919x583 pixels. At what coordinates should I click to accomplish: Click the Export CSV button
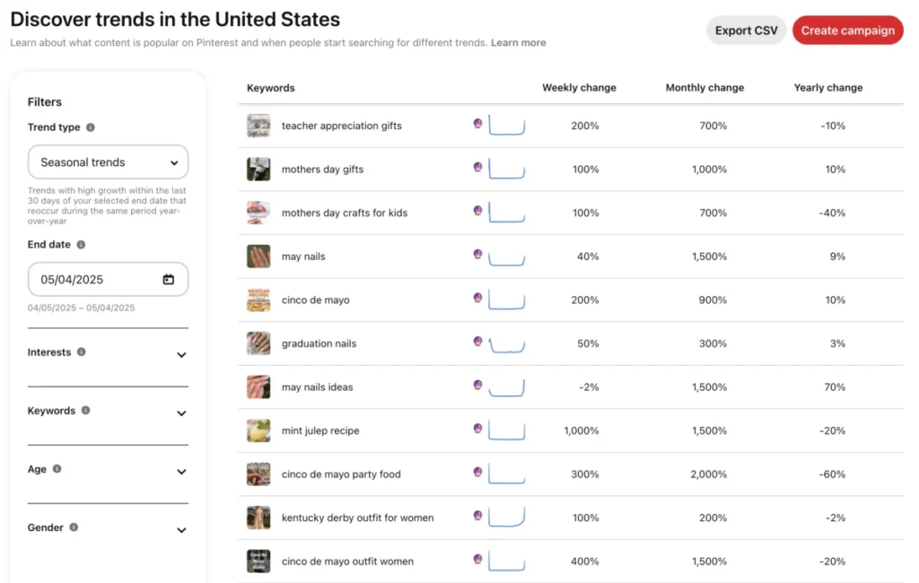pyautogui.click(x=746, y=30)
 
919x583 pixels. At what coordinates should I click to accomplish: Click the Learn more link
pyautogui.click(x=518, y=43)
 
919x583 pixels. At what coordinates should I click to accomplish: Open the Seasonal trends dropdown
pyautogui.click(x=108, y=162)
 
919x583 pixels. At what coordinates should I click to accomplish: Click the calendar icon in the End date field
pyautogui.click(x=169, y=280)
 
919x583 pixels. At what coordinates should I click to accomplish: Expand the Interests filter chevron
pyautogui.click(x=181, y=355)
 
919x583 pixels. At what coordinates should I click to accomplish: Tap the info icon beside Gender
pyautogui.click(x=74, y=527)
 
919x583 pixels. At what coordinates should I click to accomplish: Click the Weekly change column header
pyautogui.click(x=579, y=88)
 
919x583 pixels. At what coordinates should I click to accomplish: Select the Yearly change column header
pyautogui.click(x=827, y=88)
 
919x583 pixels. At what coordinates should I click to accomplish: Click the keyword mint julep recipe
pyautogui.click(x=319, y=431)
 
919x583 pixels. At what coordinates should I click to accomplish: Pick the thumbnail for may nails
pyautogui.click(x=258, y=257)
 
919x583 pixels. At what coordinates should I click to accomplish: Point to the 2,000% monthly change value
pyautogui.click(x=708, y=474)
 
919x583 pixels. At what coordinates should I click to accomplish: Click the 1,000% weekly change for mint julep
pyautogui.click(x=581, y=431)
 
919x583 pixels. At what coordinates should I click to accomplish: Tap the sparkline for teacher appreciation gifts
pyautogui.click(x=507, y=126)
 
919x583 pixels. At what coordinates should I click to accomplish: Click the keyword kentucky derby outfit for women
pyautogui.click(x=357, y=518)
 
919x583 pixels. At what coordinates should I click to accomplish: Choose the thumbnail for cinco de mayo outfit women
pyautogui.click(x=258, y=561)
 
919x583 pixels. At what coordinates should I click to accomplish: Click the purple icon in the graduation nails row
pyautogui.click(x=477, y=342)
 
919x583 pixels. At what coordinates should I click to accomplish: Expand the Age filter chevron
pyautogui.click(x=181, y=472)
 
